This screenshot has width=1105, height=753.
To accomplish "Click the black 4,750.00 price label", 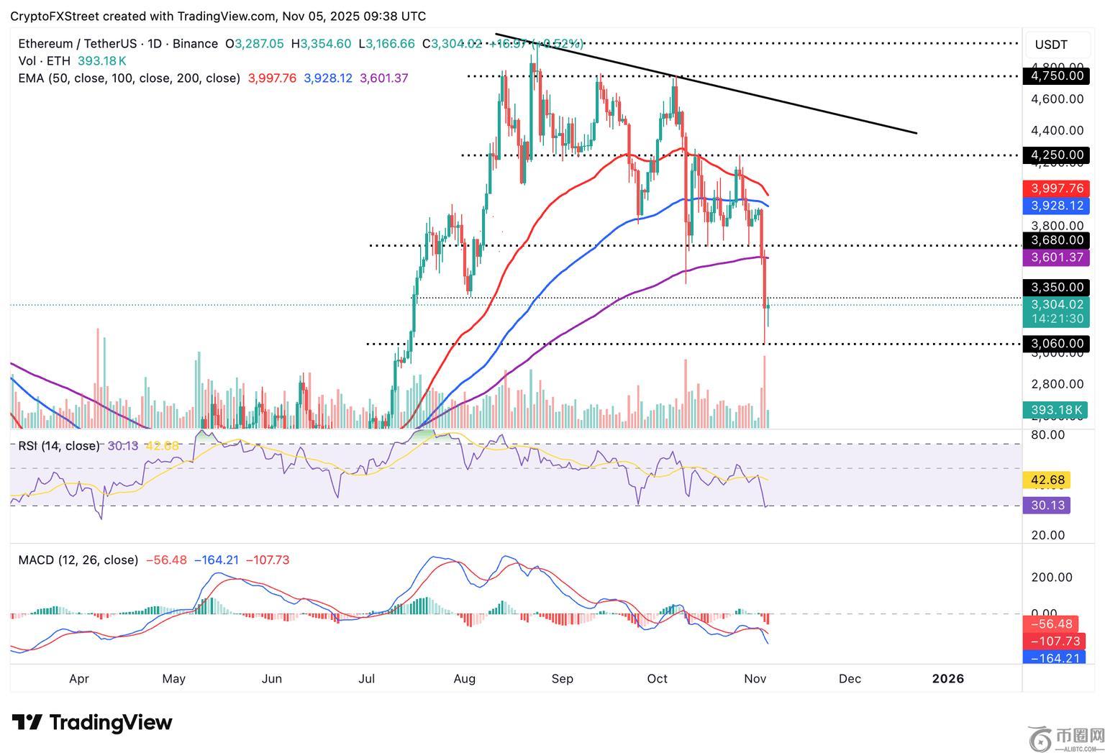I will pyautogui.click(x=1055, y=76).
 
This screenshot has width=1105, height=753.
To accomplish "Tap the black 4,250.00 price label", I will pyautogui.click(x=1055, y=155).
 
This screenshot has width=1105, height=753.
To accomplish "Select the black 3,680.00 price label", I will pyautogui.click(x=1055, y=240).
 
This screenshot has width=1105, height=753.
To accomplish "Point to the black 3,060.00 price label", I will pyautogui.click(x=1055, y=344).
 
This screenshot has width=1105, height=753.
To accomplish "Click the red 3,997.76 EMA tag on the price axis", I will pyautogui.click(x=1055, y=188).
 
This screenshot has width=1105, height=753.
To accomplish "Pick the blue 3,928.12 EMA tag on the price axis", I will pyautogui.click(x=1055, y=206).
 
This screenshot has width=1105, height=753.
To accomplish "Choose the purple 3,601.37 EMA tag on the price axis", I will pyautogui.click(x=1055, y=257).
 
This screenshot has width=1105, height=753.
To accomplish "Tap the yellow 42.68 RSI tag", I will pyautogui.click(x=1047, y=480).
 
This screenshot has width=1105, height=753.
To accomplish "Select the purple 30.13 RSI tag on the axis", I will pyautogui.click(x=1047, y=506).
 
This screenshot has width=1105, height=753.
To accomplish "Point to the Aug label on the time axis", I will pyautogui.click(x=465, y=679).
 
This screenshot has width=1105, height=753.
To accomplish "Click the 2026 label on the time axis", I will pyautogui.click(x=947, y=679).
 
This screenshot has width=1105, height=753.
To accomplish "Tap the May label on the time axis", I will pyautogui.click(x=174, y=679).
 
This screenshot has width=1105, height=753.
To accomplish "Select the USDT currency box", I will pyautogui.click(x=1051, y=45).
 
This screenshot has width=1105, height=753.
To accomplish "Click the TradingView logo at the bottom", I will pyautogui.click(x=92, y=722).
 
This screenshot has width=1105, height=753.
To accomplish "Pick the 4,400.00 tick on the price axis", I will pyautogui.click(x=1057, y=131).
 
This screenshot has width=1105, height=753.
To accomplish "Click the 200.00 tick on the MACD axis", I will pyautogui.click(x=1051, y=578).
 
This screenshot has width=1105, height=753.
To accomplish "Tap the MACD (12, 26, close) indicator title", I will pyautogui.click(x=78, y=560).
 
